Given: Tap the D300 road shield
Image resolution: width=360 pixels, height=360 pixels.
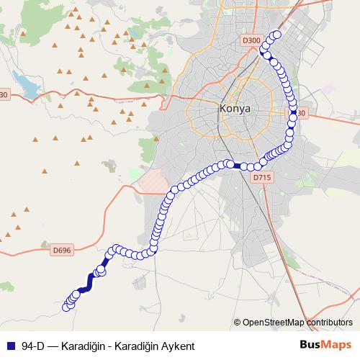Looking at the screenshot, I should [x=251, y=41].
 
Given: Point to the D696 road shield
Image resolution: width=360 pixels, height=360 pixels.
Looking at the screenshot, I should [x=62, y=250].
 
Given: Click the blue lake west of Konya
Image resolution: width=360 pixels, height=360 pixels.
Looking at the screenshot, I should [x=27, y=87].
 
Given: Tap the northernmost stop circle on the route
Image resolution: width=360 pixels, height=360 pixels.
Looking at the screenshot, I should [x=276, y=35].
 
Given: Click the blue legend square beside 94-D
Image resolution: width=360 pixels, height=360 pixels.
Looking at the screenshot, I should [x=9, y=346].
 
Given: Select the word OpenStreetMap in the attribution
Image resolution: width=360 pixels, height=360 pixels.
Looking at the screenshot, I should [x=271, y=323].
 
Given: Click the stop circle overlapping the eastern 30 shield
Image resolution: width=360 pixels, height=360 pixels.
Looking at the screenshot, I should [x=294, y=112].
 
